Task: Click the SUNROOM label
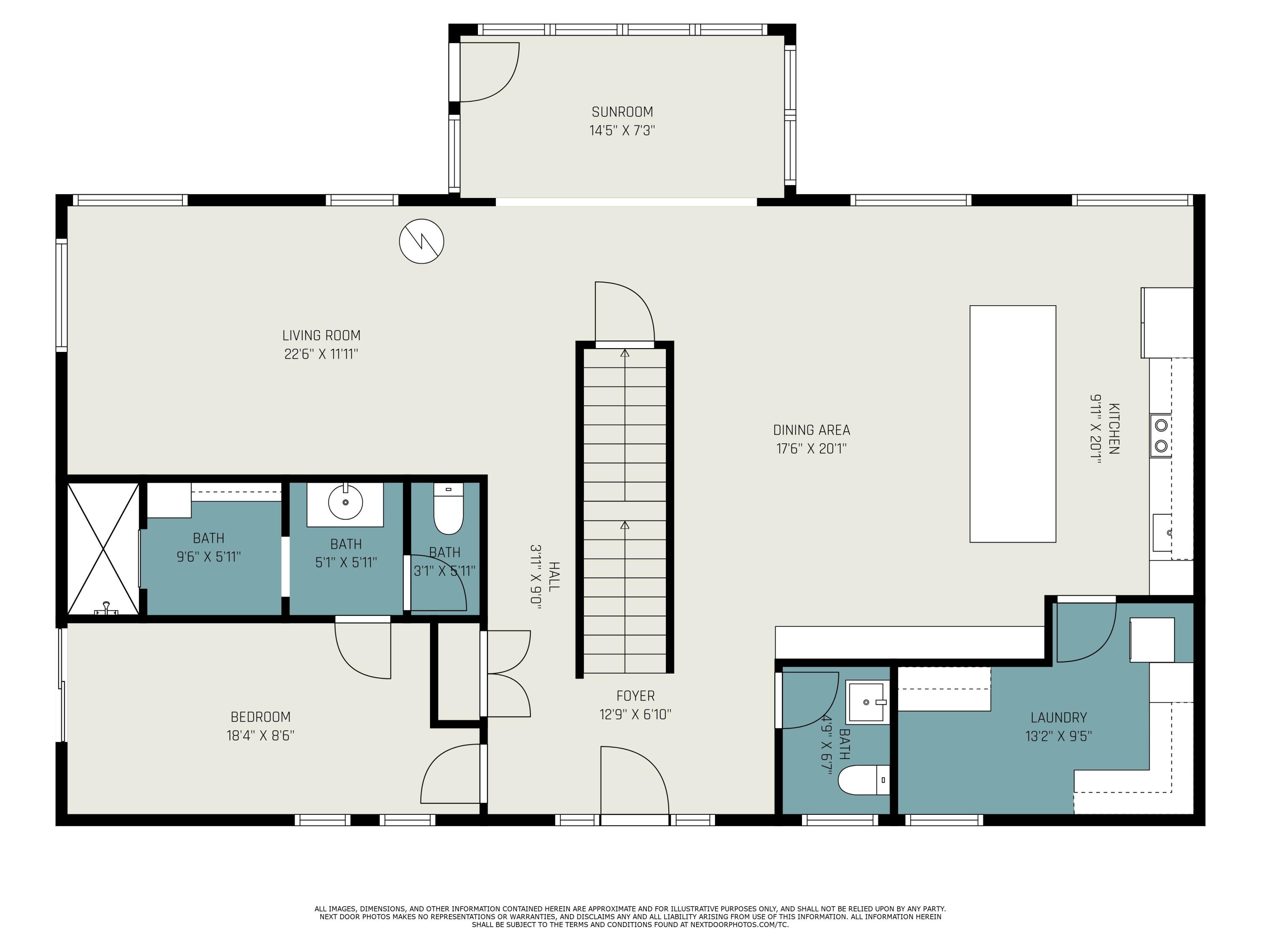pos(622,112)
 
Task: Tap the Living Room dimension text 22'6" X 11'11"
pos(321,354)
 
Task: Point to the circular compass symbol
pos(421,241)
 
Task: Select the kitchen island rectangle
pos(1013,424)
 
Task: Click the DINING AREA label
pos(811,430)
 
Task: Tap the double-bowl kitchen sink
pos(1161,435)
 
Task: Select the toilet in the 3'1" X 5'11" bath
pos(448,510)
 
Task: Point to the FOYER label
pos(635,696)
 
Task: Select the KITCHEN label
pos(1113,429)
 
